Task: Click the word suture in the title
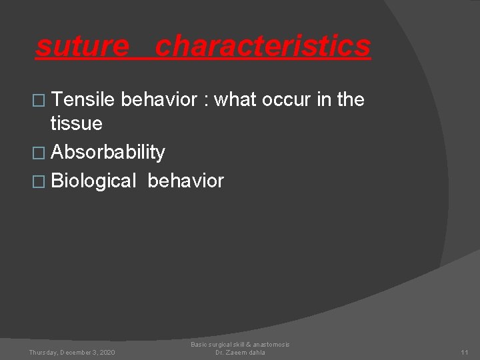click(x=82, y=47)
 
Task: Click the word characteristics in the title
click(x=263, y=47)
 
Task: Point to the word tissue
click(x=77, y=123)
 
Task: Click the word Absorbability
click(x=108, y=152)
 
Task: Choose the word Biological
click(x=93, y=181)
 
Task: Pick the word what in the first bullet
click(x=237, y=100)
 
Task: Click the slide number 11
click(x=465, y=352)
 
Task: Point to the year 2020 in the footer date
click(x=105, y=352)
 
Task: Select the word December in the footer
click(x=77, y=352)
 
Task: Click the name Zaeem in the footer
click(x=236, y=352)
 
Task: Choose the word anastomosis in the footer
click(x=269, y=344)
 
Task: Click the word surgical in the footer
click(x=221, y=344)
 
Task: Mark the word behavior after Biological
click(x=186, y=181)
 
